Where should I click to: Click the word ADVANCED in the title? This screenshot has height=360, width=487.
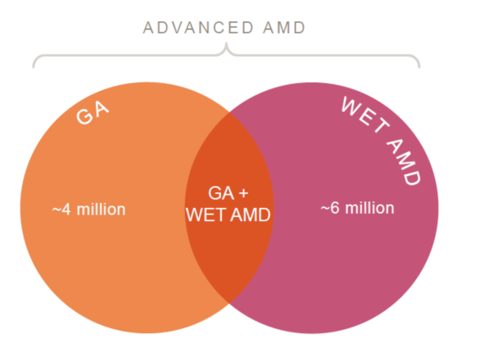pyautogui.click(x=198, y=28)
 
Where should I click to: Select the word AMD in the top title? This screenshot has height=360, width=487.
pyautogui.click(x=285, y=28)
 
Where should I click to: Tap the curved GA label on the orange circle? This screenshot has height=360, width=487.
pyautogui.click(x=93, y=113)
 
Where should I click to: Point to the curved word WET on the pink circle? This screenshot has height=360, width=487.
pyautogui.click(x=365, y=115)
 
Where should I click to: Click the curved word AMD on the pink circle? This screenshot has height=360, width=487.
pyautogui.click(x=404, y=162)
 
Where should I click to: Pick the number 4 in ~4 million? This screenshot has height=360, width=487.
pyautogui.click(x=66, y=210)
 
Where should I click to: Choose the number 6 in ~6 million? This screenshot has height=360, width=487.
pyautogui.click(x=335, y=208)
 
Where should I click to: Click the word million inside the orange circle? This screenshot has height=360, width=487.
pyautogui.click(x=101, y=210)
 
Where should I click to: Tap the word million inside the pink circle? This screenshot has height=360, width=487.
pyautogui.click(x=370, y=208)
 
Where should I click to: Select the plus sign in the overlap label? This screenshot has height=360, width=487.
pyautogui.click(x=244, y=193)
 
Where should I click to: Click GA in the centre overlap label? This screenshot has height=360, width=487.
pyautogui.click(x=221, y=193)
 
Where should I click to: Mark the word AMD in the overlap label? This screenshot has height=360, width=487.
pyautogui.click(x=250, y=215)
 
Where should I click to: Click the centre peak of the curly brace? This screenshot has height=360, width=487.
pyautogui.click(x=226, y=43)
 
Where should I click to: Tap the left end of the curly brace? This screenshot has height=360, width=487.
pyautogui.click(x=33, y=67)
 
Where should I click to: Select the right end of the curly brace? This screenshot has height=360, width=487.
pyautogui.click(x=419, y=67)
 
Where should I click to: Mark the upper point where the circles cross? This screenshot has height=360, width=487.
pyautogui.click(x=229, y=112)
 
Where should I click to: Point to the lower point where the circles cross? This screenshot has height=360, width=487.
pyautogui.click(x=229, y=303)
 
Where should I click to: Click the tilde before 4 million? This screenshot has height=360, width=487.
pyautogui.click(x=57, y=210)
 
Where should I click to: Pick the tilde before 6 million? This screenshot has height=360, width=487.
pyautogui.click(x=325, y=208)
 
